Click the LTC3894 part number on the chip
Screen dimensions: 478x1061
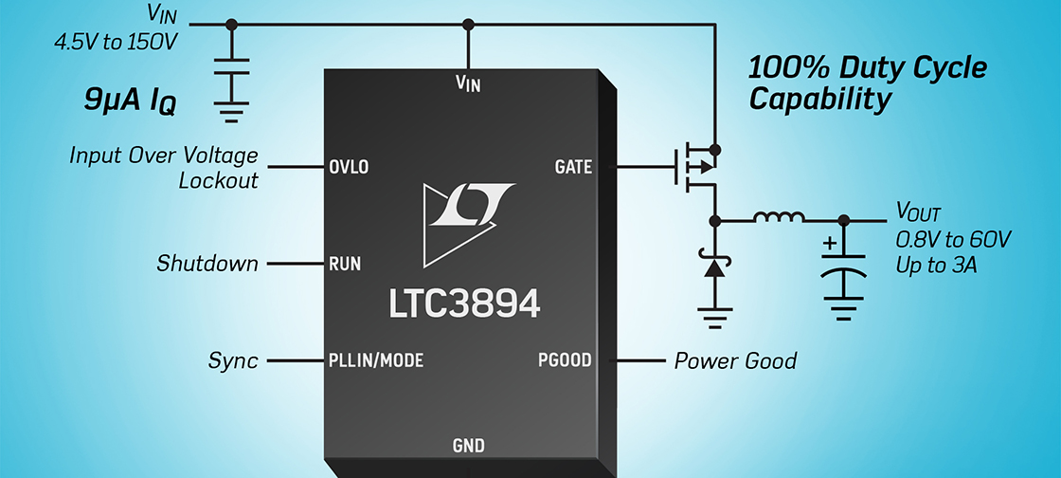tap(464, 303)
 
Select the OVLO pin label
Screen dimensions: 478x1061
tap(348, 168)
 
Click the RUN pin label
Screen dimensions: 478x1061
tap(344, 264)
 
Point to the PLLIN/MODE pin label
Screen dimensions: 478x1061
tap(376, 360)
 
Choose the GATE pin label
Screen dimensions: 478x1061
tap(573, 168)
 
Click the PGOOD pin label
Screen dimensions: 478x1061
tap(565, 360)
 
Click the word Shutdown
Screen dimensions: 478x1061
tap(207, 264)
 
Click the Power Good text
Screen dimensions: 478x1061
tap(735, 360)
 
